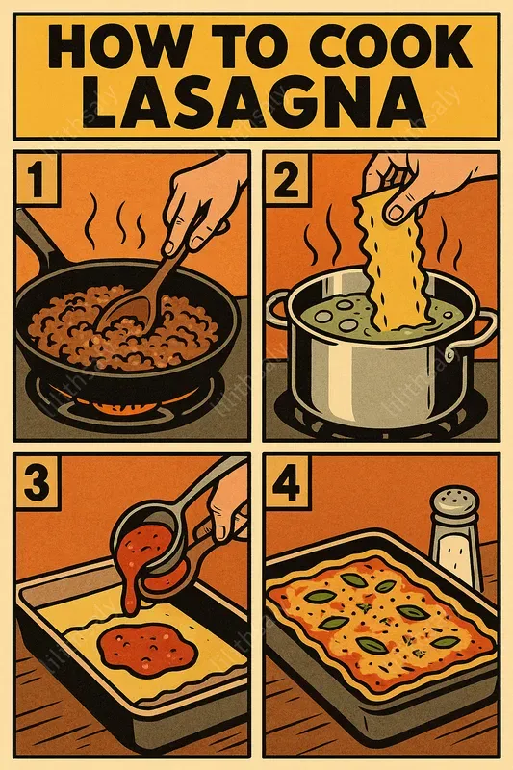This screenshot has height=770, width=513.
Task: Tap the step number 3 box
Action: coord(37,481)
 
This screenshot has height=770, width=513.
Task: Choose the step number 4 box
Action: coord(286,481)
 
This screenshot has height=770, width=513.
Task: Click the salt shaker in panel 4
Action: coord(454,545)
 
